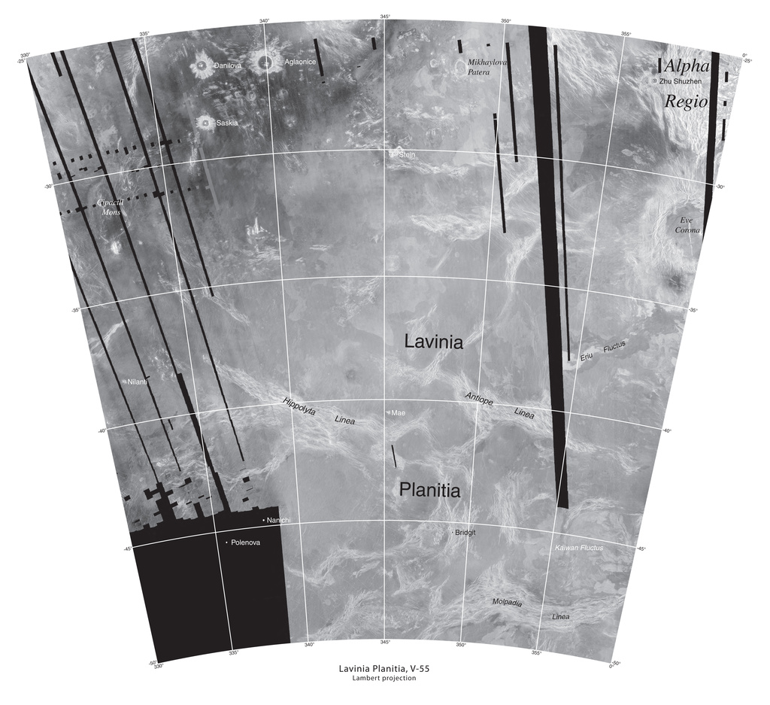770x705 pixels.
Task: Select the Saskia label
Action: point(227,123)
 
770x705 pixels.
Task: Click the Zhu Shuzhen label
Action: point(681,81)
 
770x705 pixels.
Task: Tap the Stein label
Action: point(407,154)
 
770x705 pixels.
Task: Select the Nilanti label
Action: point(137,382)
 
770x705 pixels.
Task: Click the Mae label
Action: point(398,413)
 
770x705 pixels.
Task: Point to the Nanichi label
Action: point(278,521)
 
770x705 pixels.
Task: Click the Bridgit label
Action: point(465,533)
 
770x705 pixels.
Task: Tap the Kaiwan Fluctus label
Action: point(578,548)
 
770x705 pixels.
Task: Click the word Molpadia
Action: point(507,603)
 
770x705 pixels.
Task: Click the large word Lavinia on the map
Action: point(433,342)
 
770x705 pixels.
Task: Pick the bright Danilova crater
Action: point(201,66)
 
